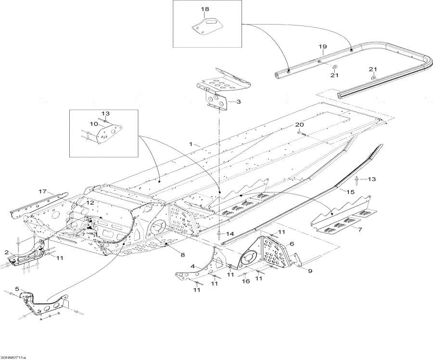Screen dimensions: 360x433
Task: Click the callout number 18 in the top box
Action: [205, 9]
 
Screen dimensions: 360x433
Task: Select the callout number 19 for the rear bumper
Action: [322, 46]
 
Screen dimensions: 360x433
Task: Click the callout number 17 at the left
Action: [42, 192]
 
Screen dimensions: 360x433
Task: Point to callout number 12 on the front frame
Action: [90, 203]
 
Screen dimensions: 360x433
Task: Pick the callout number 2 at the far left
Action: [7, 252]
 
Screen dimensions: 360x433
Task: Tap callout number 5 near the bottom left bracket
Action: [17, 289]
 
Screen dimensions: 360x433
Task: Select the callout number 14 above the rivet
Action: [230, 233]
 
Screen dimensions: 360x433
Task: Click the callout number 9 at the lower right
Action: [310, 271]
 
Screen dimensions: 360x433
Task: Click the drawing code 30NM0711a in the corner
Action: [13, 357]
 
